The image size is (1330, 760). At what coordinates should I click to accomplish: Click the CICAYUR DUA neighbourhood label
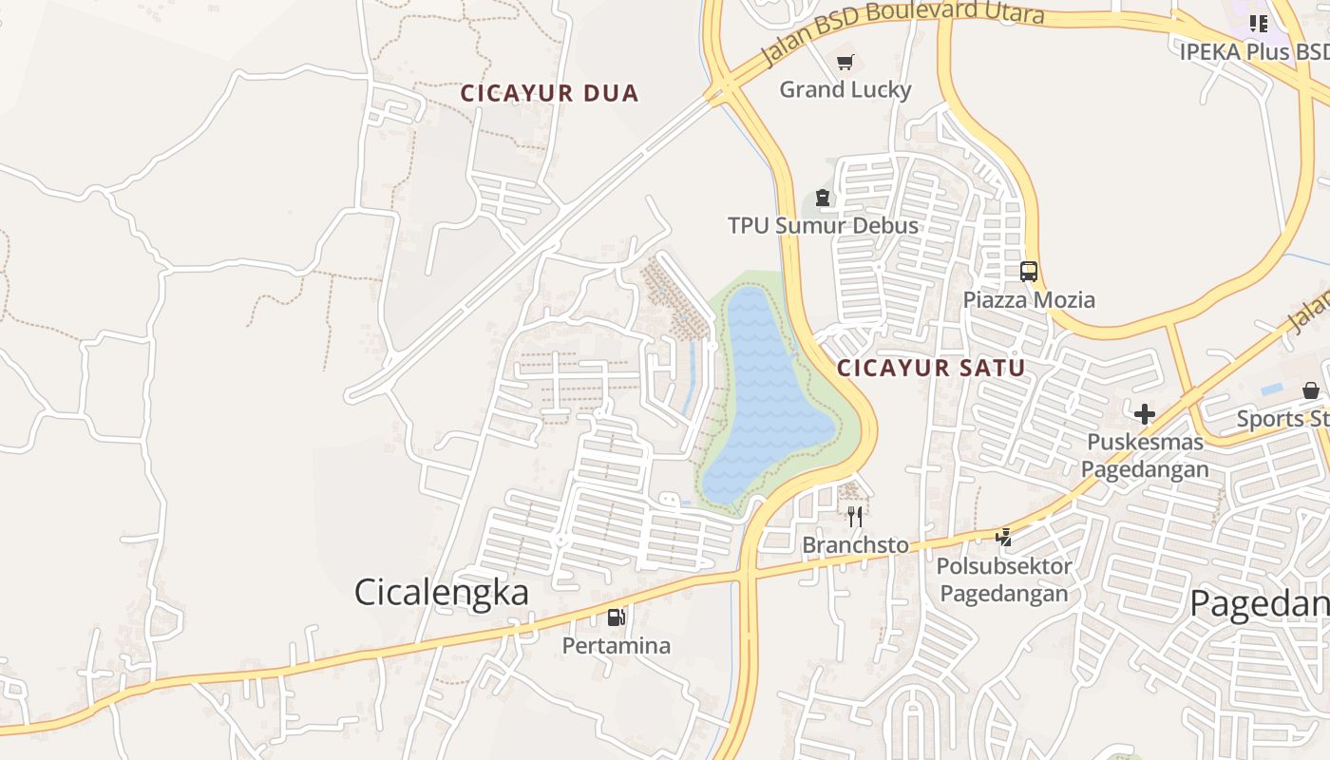pyautogui.click(x=549, y=93)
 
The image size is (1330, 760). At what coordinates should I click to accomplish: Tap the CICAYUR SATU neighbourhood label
pyautogui.click(x=931, y=368)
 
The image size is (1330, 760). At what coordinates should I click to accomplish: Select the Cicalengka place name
pyautogui.click(x=441, y=592)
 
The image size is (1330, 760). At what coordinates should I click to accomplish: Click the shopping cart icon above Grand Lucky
pyautogui.click(x=845, y=63)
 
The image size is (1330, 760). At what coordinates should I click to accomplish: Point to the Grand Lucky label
pyautogui.click(x=845, y=89)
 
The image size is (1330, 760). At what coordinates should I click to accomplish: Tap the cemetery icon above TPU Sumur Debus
pyautogui.click(x=823, y=198)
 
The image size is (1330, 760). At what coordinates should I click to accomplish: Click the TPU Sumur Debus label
pyautogui.click(x=823, y=225)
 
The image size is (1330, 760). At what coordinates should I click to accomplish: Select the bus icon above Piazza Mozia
pyautogui.click(x=1029, y=272)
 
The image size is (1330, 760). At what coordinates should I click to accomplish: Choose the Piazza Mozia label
pyautogui.click(x=1029, y=300)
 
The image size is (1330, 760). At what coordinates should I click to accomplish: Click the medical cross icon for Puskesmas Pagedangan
pyautogui.click(x=1145, y=413)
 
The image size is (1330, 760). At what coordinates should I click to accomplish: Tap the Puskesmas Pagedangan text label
pyautogui.click(x=1145, y=455)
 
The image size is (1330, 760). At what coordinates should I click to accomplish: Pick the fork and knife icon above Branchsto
pyautogui.click(x=855, y=516)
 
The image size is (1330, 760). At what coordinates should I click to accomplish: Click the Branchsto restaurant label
pyautogui.click(x=855, y=545)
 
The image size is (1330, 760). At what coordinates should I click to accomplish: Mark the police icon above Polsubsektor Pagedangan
pyautogui.click(x=1003, y=538)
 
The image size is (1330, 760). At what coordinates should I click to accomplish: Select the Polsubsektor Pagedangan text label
pyautogui.click(x=1003, y=579)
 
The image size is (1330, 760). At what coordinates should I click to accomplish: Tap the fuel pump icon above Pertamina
pyautogui.click(x=617, y=617)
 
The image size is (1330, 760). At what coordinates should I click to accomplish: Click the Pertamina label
pyautogui.click(x=617, y=646)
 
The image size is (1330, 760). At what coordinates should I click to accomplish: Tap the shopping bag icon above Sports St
pyautogui.click(x=1311, y=390)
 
